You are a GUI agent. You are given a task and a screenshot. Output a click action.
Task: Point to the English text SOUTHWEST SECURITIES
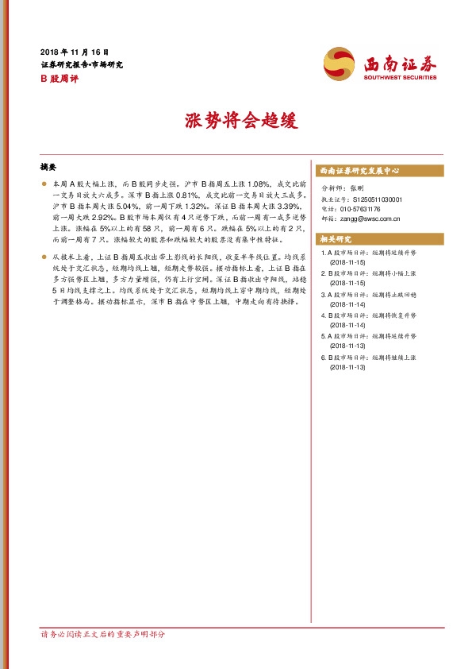point(400,78)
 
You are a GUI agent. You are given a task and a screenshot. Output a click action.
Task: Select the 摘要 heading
point(48,168)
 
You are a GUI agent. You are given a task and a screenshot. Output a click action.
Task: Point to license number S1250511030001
point(378,199)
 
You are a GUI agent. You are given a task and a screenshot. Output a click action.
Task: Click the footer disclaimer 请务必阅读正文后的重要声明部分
point(103,635)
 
